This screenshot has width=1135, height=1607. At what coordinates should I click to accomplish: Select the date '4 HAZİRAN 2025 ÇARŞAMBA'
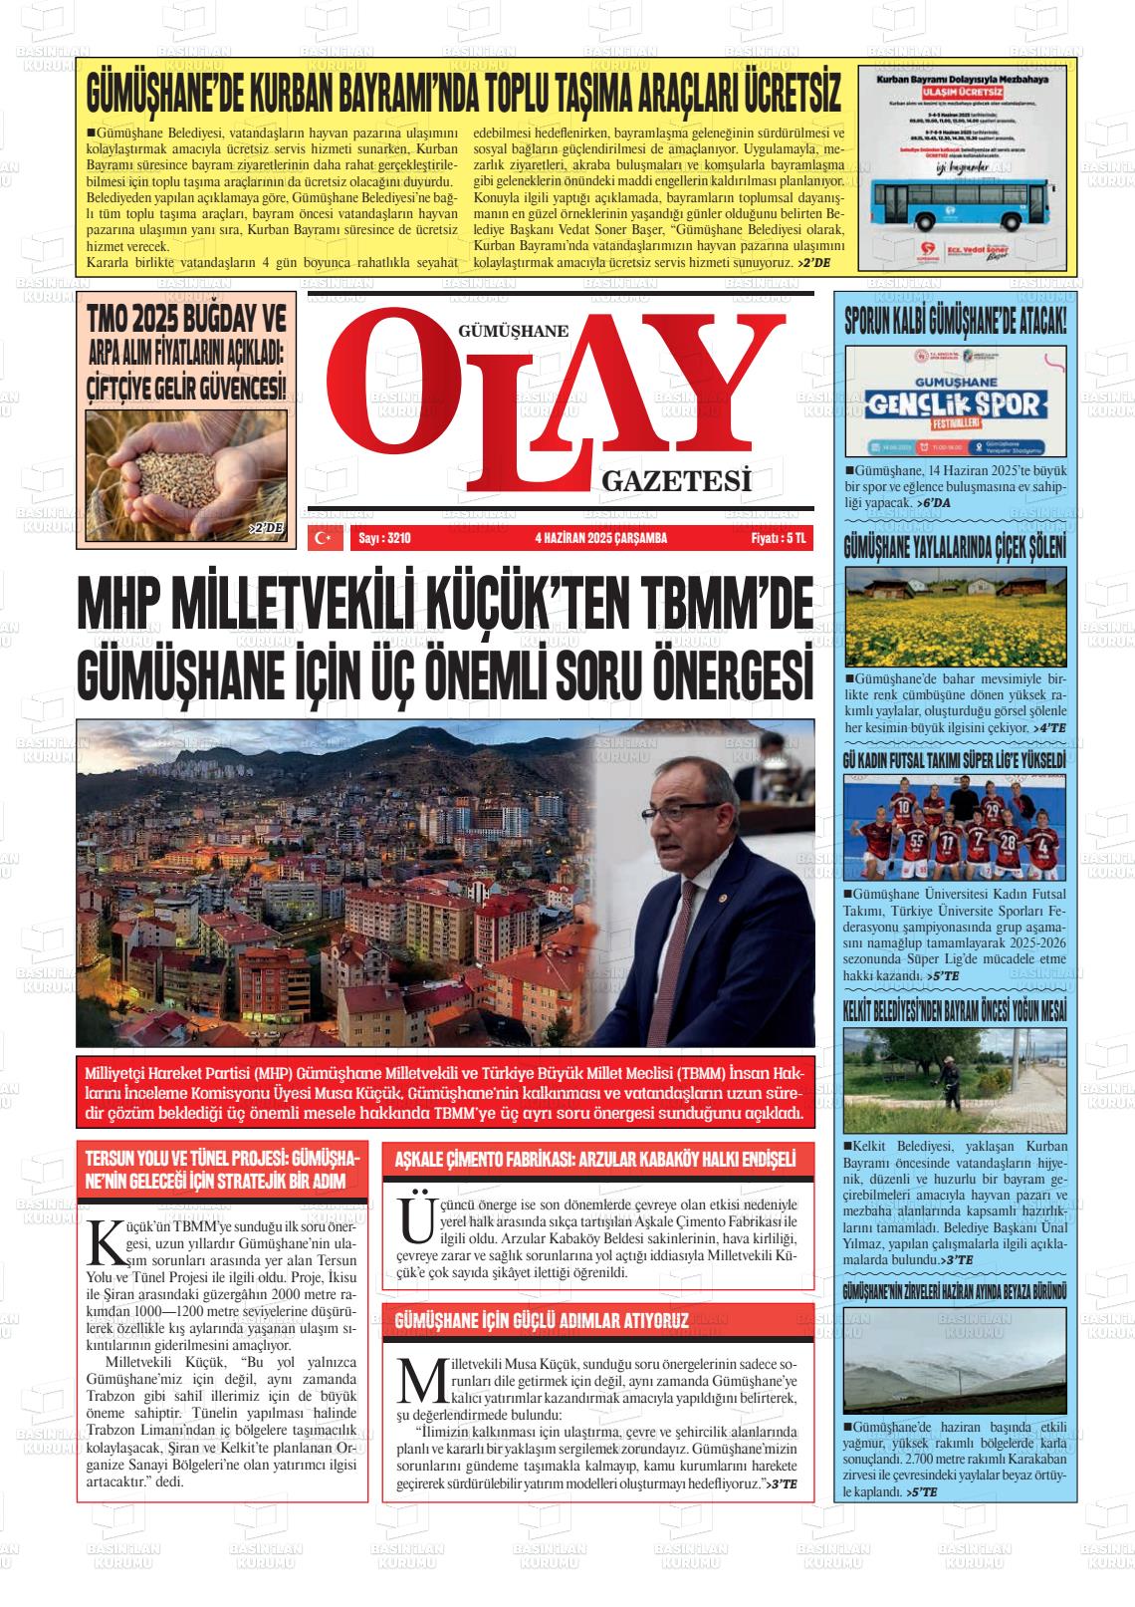tap(600, 539)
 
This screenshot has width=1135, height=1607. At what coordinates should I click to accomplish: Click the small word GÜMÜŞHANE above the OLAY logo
tap(514, 332)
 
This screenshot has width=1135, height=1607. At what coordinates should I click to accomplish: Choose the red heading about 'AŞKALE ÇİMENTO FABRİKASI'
tap(595, 1160)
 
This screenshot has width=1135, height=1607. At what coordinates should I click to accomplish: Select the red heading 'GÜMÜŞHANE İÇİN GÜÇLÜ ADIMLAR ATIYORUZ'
tap(543, 1321)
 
